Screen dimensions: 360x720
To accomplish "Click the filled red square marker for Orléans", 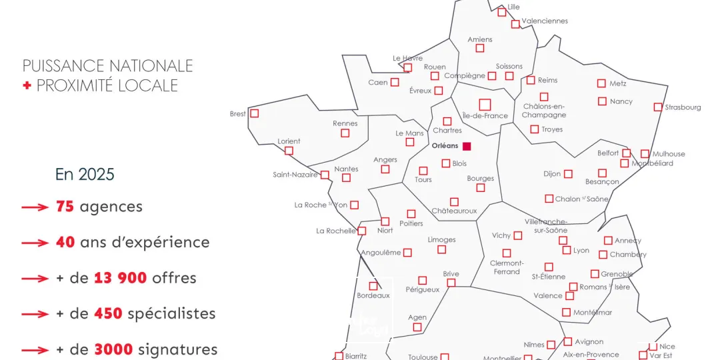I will [x=467, y=146].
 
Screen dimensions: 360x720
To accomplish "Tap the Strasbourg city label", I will [x=683, y=107].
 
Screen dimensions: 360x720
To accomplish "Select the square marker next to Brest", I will [x=254, y=113].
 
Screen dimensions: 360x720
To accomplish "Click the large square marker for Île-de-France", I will [x=485, y=104].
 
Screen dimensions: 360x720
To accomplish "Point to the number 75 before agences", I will [x=65, y=207].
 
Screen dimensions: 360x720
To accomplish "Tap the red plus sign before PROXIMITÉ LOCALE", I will [x=27, y=85].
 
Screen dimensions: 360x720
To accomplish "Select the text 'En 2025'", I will [x=85, y=175].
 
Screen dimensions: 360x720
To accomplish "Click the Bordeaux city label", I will [x=373, y=295].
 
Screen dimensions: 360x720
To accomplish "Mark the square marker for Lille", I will [x=501, y=12].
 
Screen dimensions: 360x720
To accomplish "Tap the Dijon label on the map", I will [x=552, y=174].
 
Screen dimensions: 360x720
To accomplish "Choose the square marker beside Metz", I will [x=601, y=83].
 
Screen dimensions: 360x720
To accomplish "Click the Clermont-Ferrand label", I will [x=507, y=267].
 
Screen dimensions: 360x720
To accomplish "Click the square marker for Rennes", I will [x=345, y=133].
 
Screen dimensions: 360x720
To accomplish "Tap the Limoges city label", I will [x=441, y=240].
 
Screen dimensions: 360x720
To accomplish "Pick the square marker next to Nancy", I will [x=602, y=101].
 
